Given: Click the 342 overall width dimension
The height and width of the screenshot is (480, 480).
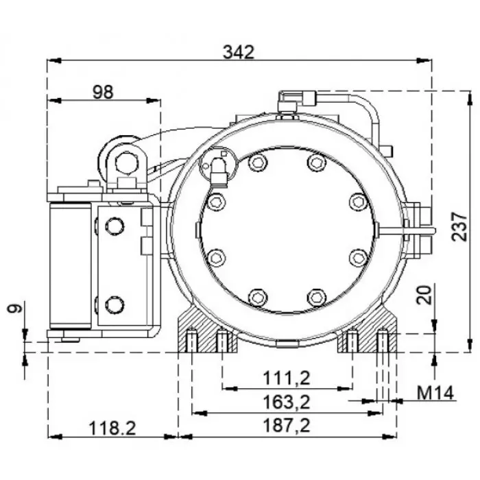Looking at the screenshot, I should (239, 51).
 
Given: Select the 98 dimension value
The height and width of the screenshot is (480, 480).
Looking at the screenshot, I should (103, 91).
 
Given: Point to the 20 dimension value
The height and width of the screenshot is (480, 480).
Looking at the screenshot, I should (425, 295).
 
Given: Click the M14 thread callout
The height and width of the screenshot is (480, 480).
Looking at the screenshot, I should (436, 393).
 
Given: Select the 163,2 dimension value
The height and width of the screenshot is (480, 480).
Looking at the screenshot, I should (287, 400).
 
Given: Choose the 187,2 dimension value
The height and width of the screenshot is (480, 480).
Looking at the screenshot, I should (287, 426).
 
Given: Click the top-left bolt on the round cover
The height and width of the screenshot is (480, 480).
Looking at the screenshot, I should (257, 163).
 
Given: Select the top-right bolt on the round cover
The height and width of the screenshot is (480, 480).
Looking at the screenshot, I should (315, 163).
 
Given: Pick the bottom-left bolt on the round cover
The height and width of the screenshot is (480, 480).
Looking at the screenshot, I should (257, 297).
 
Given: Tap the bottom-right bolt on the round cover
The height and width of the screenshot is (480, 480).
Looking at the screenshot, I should (315, 297).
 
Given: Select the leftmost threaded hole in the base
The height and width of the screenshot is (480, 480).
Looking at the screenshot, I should (192, 340).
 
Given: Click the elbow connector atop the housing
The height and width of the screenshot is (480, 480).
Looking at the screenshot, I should (287, 101).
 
